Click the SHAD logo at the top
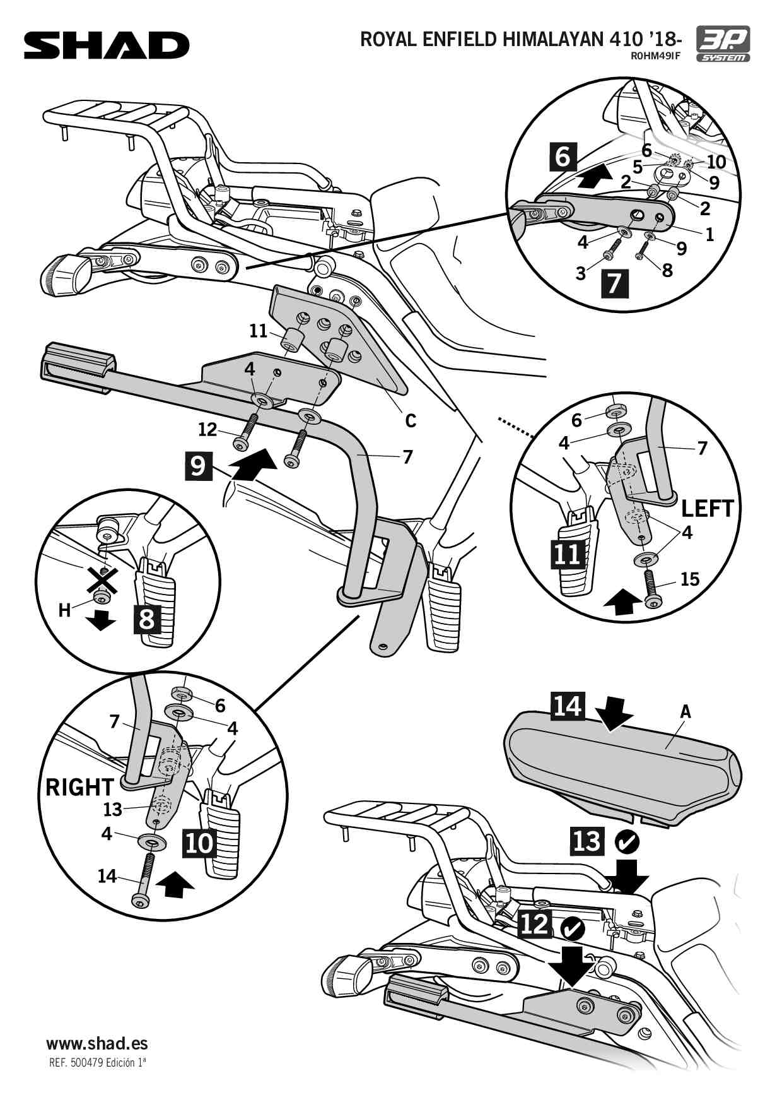[x=107, y=45]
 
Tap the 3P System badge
[x=723, y=44]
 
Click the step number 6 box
[x=563, y=157]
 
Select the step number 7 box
[x=614, y=283]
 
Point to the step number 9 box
[x=198, y=466]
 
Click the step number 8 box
[x=147, y=619]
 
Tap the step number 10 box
[x=199, y=843]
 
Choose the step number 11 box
[x=567, y=554]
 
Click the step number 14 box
[x=567, y=706]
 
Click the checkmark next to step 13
[x=627, y=841]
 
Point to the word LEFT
[x=708, y=509]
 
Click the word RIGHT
[x=79, y=787]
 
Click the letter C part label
[x=411, y=420]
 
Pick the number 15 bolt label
[x=690, y=579]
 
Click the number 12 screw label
[x=207, y=430]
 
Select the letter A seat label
[x=686, y=712]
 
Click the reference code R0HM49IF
[x=655, y=56]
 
